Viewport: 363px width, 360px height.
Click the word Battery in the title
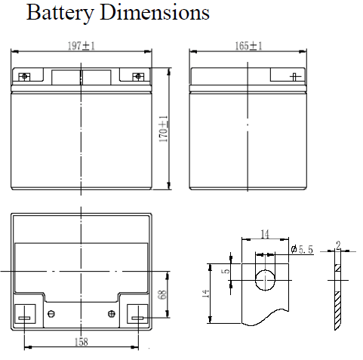point(60,13)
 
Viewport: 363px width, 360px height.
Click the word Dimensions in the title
point(155,12)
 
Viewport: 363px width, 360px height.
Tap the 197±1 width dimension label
point(82,46)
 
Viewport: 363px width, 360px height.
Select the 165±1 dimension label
point(248,46)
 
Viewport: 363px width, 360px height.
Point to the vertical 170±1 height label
point(163,128)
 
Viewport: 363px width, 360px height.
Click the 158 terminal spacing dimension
point(82,342)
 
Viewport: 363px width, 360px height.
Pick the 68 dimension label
point(162,294)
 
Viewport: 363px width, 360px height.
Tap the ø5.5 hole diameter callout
point(302,249)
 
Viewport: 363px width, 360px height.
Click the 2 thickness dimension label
point(338,245)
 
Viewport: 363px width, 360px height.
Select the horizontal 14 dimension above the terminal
point(265,234)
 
